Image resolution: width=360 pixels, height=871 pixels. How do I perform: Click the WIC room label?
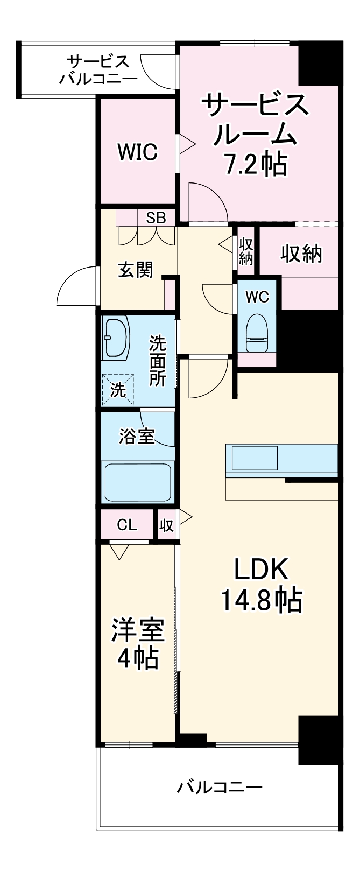pyautogui.click(x=138, y=152)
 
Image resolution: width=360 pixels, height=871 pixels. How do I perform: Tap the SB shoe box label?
pyautogui.click(x=156, y=218)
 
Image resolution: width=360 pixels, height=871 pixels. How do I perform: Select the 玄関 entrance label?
pyautogui.click(x=136, y=270)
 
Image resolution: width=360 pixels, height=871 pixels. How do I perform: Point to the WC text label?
pyautogui.click(x=257, y=297)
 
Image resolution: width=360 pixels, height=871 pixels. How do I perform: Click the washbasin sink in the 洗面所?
pyautogui.click(x=116, y=340)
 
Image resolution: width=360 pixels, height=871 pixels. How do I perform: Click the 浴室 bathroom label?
pyautogui.click(x=137, y=437)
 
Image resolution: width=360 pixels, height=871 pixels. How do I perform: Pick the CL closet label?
pyautogui.click(x=127, y=525)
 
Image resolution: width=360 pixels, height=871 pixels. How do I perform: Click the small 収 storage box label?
pyautogui.click(x=166, y=525)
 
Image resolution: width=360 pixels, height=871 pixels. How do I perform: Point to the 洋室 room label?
pyautogui.click(x=137, y=630)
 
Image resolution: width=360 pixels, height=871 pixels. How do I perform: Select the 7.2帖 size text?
pyautogui.click(x=255, y=165)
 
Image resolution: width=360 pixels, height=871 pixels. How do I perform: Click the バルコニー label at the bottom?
pyautogui.click(x=220, y=788)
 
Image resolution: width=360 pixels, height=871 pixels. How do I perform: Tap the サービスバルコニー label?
pyautogui.click(x=98, y=70)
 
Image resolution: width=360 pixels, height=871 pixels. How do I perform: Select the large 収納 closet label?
pyautogui.click(x=301, y=254)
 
